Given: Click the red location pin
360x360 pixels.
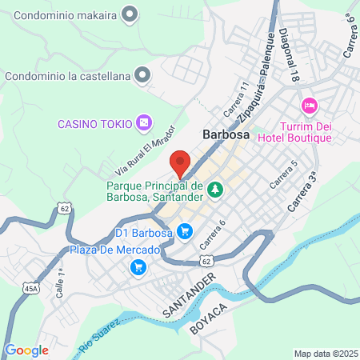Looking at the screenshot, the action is (x=180, y=163).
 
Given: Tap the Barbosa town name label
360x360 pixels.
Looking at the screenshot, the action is (x=226, y=135).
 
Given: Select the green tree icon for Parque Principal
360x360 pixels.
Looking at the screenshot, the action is (x=214, y=190).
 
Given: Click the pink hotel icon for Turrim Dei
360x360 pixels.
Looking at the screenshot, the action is (x=309, y=106).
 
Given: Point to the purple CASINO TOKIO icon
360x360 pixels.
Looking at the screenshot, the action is (x=143, y=123).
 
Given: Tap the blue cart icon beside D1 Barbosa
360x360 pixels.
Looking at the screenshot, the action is (x=185, y=232).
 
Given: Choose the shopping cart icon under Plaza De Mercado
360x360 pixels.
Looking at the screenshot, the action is (x=138, y=266).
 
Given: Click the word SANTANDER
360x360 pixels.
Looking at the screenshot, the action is (x=190, y=295).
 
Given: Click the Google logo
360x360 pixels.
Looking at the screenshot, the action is (x=26, y=350).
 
